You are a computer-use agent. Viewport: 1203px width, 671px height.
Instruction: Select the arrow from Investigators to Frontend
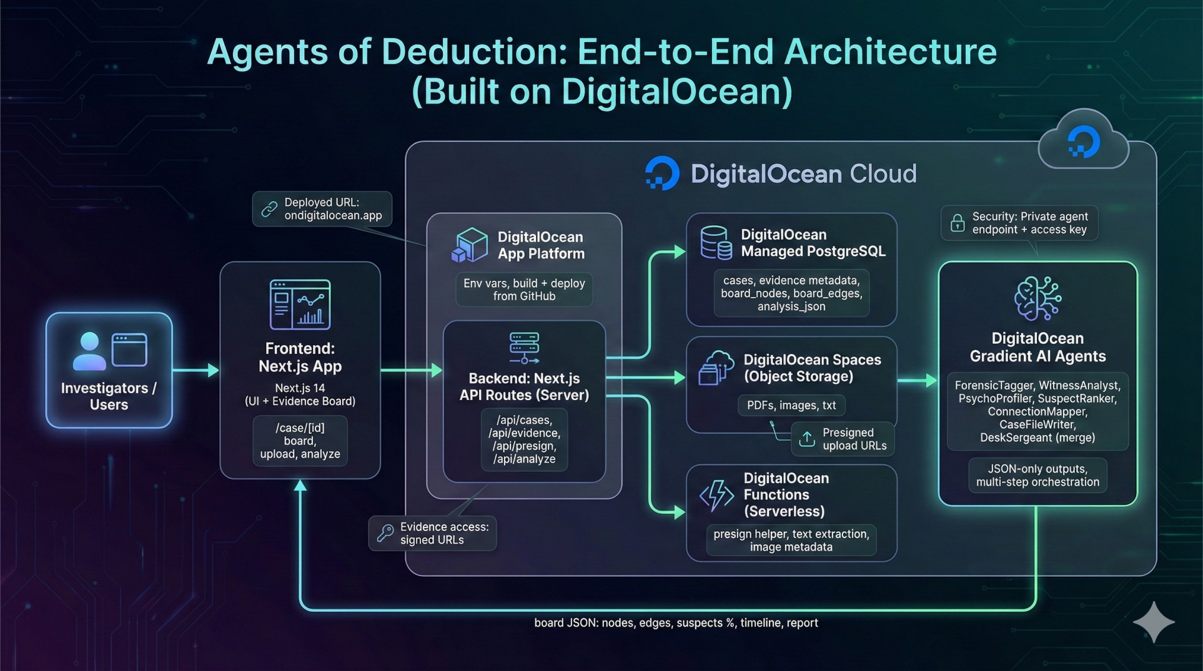(196, 370)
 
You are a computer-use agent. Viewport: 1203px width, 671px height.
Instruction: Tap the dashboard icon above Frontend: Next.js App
(300, 305)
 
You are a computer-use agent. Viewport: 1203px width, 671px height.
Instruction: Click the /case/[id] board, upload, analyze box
(300, 441)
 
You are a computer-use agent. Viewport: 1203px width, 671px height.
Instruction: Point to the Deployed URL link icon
(269, 209)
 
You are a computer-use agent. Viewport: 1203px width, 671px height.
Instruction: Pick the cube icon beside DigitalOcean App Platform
(470, 245)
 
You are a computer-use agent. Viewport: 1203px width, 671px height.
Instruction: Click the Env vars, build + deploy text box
(524, 290)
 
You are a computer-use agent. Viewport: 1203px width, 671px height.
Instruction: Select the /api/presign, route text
(524, 446)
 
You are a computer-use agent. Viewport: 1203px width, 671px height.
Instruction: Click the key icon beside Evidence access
(385, 533)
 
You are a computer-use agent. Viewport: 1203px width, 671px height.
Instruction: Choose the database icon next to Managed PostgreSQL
(716, 243)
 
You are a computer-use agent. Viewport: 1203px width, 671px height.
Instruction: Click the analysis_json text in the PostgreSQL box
(791, 306)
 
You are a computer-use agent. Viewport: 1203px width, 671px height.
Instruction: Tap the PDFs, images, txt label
(791, 405)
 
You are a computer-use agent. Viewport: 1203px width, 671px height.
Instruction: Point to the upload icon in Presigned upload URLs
(807, 439)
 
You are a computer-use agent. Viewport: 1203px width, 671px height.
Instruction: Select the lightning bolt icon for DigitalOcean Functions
(716, 496)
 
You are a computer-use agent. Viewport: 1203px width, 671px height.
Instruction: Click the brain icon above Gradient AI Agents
(1037, 298)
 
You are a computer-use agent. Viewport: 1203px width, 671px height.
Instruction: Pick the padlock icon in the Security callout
(957, 223)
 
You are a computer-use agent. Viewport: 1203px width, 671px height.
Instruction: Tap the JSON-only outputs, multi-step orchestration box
(1037, 476)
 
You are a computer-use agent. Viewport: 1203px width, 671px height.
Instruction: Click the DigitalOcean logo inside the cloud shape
(1084, 142)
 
